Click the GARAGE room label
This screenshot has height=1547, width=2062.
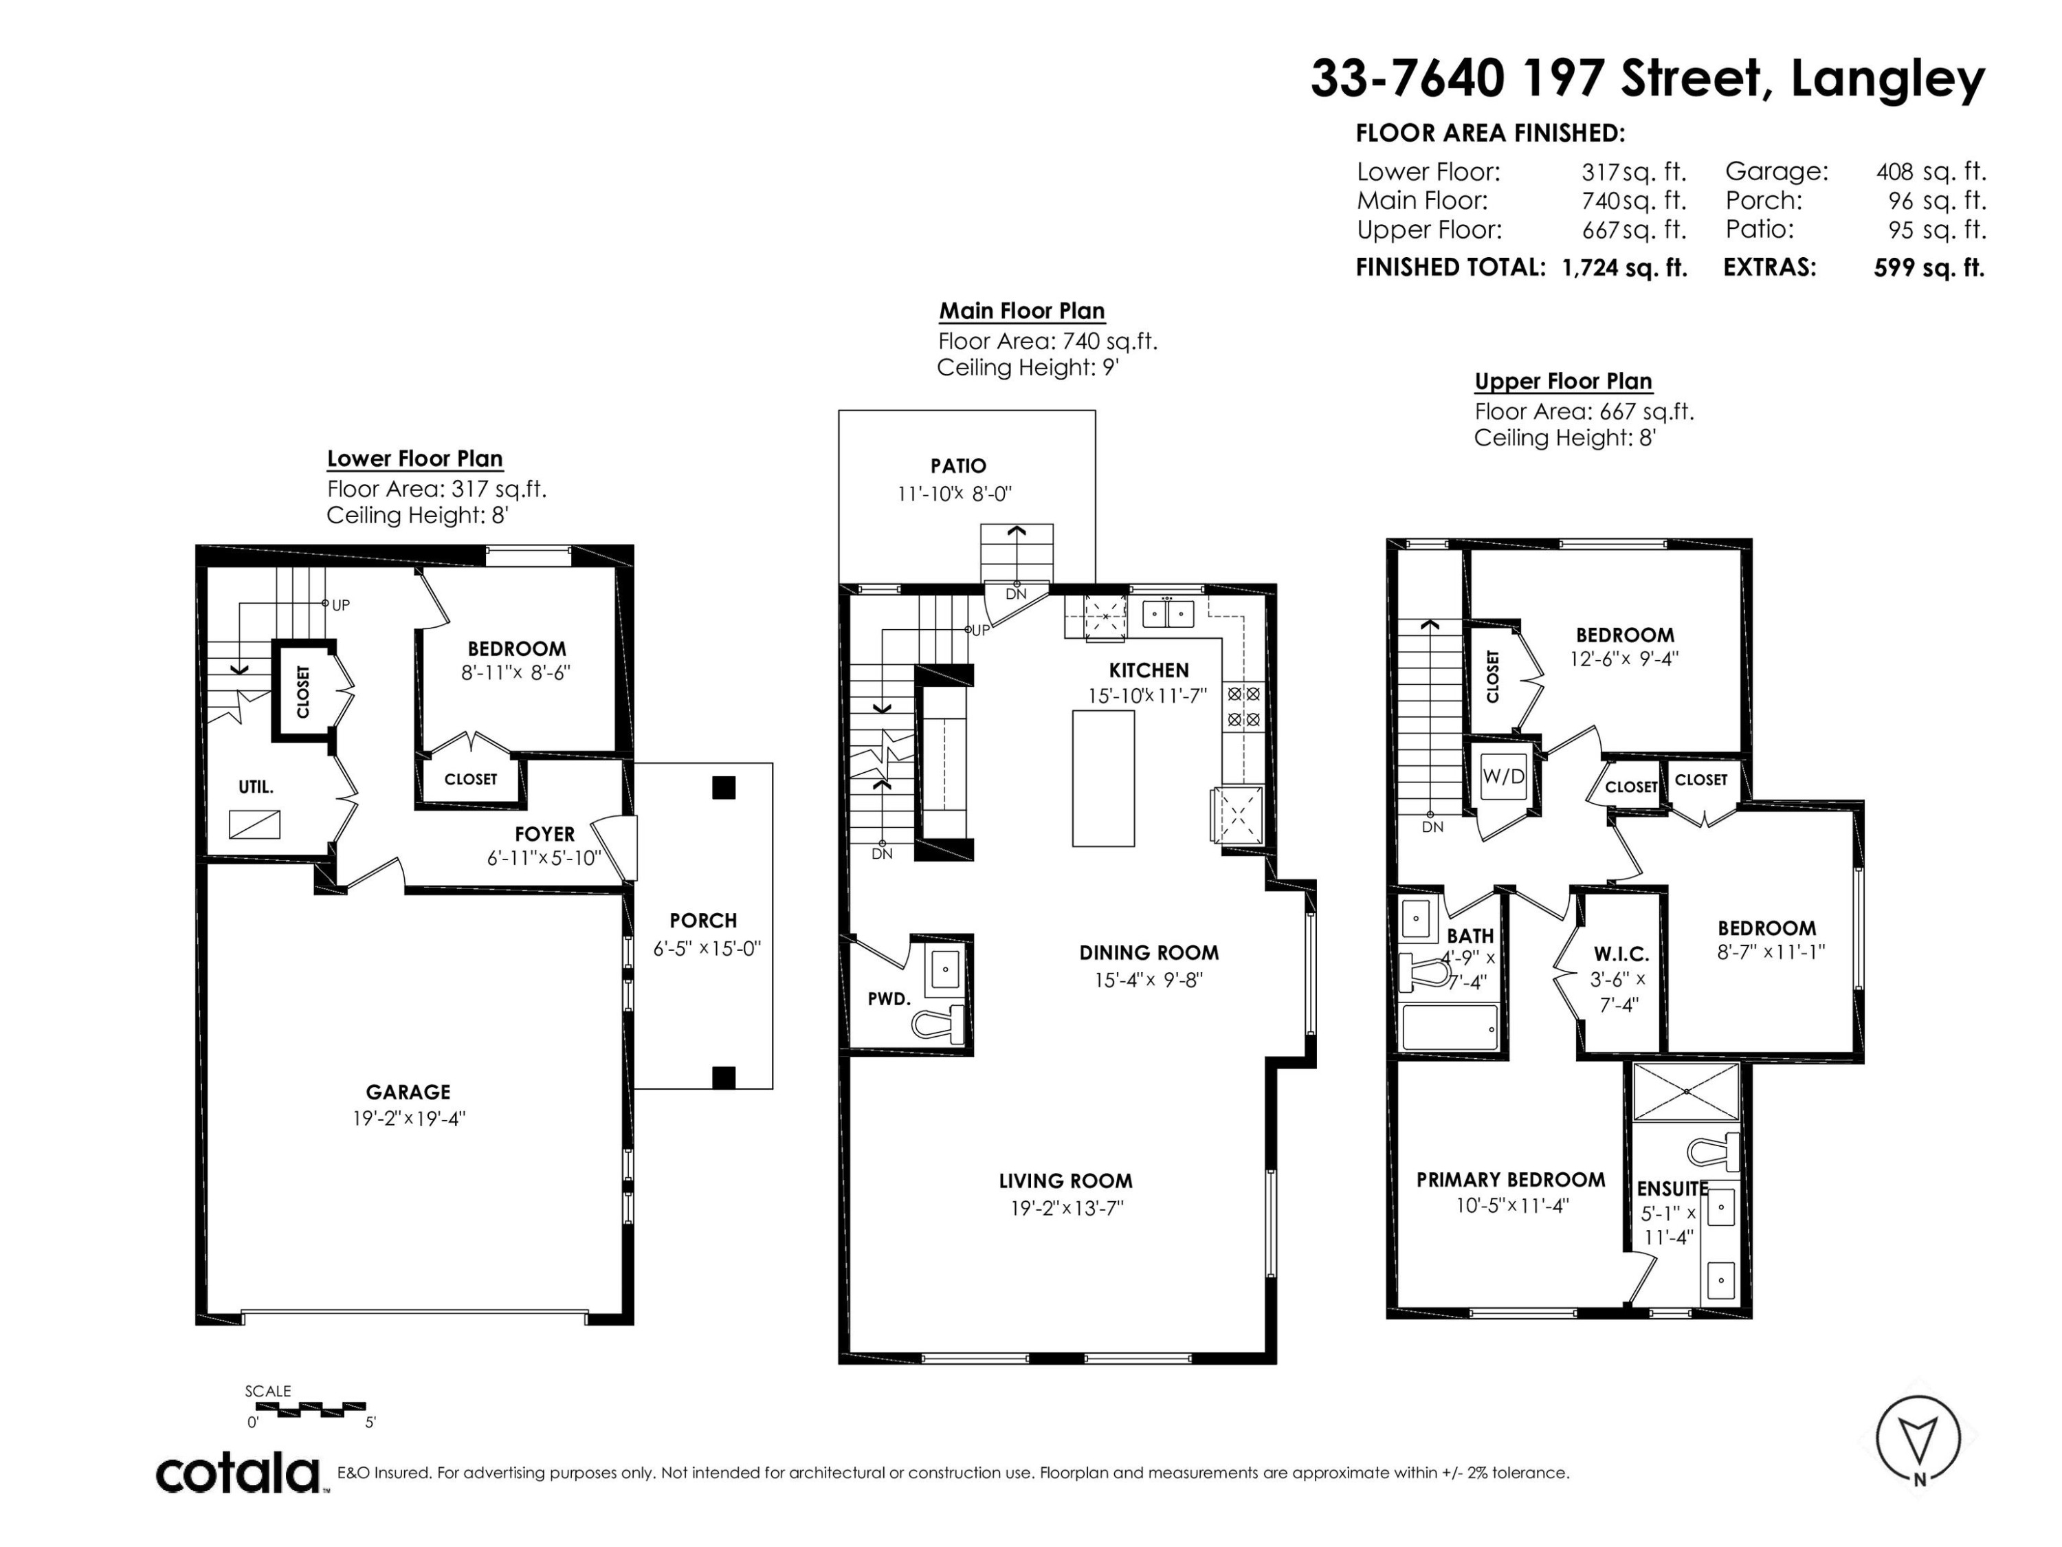(x=408, y=1092)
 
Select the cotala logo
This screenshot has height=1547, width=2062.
(x=238, y=1474)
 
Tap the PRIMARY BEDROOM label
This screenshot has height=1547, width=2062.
(x=1511, y=1180)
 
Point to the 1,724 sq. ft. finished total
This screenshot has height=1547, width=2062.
(x=1625, y=267)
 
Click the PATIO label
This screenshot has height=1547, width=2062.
(x=958, y=465)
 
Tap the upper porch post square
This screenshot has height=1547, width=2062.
(x=723, y=788)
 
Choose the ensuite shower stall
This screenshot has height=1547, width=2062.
(x=1686, y=1091)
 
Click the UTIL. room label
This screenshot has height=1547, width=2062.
(x=256, y=787)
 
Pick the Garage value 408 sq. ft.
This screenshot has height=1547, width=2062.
(x=1931, y=172)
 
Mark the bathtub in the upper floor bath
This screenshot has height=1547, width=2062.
(x=1450, y=1028)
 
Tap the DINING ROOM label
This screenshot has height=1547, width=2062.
(x=1149, y=952)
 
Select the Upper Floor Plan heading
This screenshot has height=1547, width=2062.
(x=1563, y=382)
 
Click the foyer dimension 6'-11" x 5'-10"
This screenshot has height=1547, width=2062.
(x=544, y=858)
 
